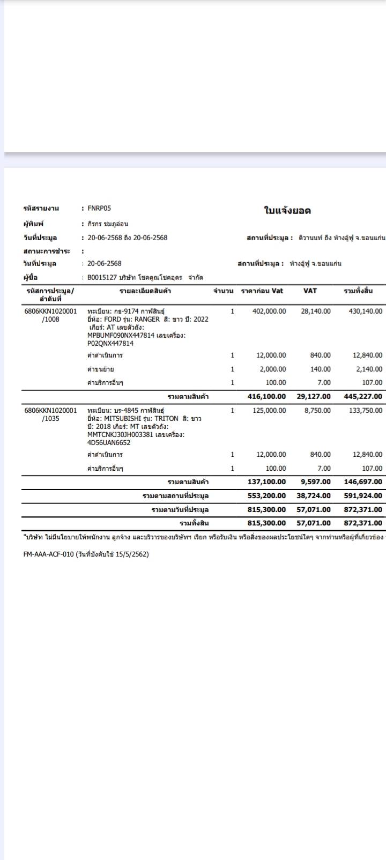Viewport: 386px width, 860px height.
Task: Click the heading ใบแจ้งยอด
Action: [x=287, y=211]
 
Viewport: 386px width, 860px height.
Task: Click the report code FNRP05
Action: [x=99, y=208]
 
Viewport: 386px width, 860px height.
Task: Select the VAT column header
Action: [x=310, y=291]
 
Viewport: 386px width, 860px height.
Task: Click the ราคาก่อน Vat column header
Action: [x=262, y=291]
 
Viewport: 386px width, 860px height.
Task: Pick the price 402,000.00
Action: [x=269, y=311]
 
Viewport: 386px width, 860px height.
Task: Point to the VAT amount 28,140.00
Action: [x=316, y=311]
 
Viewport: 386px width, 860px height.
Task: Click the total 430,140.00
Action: [x=365, y=311]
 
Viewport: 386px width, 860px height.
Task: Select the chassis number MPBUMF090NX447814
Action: [x=121, y=335]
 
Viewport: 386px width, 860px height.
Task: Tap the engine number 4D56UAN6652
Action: [x=109, y=443]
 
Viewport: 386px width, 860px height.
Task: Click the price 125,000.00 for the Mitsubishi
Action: [x=269, y=410]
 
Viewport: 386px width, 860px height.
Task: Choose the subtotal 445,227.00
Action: [x=363, y=396]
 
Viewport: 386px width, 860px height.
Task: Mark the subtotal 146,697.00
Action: [x=363, y=482]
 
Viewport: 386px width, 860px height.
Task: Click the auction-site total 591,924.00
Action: [x=363, y=495]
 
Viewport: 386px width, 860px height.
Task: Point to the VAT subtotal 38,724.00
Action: [x=314, y=495]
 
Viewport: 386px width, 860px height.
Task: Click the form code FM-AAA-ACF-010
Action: [x=48, y=554]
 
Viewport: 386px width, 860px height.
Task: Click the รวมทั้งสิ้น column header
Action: [x=358, y=291]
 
